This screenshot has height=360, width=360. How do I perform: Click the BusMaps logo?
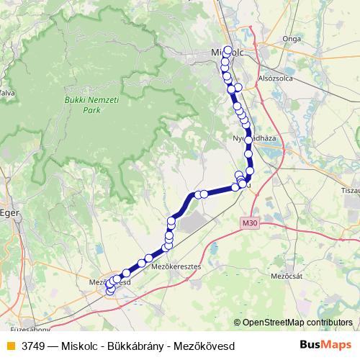326,345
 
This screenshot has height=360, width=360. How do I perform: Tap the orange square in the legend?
10,346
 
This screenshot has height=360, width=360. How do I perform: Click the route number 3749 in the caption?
34,346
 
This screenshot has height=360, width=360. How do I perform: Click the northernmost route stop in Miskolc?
228,50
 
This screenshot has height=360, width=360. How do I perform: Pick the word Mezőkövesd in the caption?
204,346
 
